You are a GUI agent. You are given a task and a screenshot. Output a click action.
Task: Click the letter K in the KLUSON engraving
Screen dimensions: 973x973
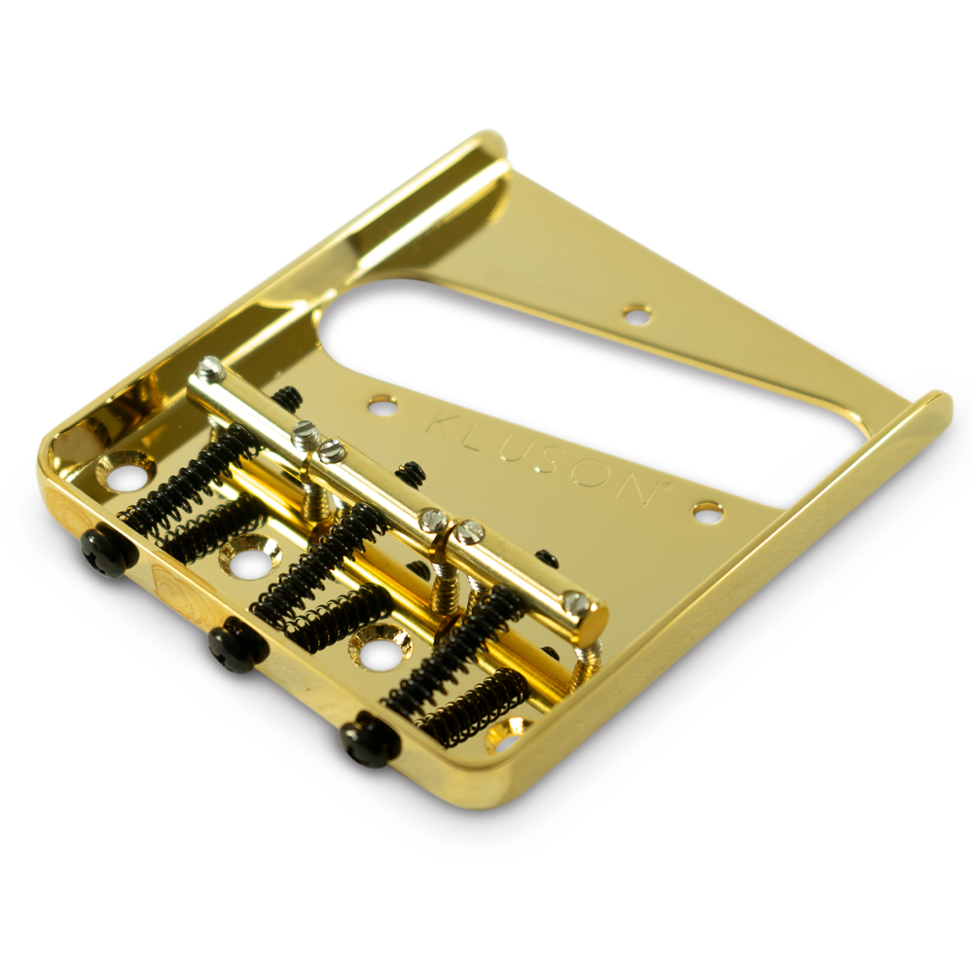point(444,424)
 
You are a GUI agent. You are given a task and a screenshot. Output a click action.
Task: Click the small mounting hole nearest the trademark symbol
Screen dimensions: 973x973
point(707,510)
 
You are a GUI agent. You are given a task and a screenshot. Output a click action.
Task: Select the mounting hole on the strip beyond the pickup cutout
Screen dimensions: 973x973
point(637,314)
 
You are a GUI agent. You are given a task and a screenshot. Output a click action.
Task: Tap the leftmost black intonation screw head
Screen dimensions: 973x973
point(103,553)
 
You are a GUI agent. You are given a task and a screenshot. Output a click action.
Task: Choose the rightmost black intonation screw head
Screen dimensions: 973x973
point(369,739)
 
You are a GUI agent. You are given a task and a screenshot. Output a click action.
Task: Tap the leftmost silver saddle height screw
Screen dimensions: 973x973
point(211,368)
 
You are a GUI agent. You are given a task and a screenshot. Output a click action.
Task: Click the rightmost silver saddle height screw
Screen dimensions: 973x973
point(576,602)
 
